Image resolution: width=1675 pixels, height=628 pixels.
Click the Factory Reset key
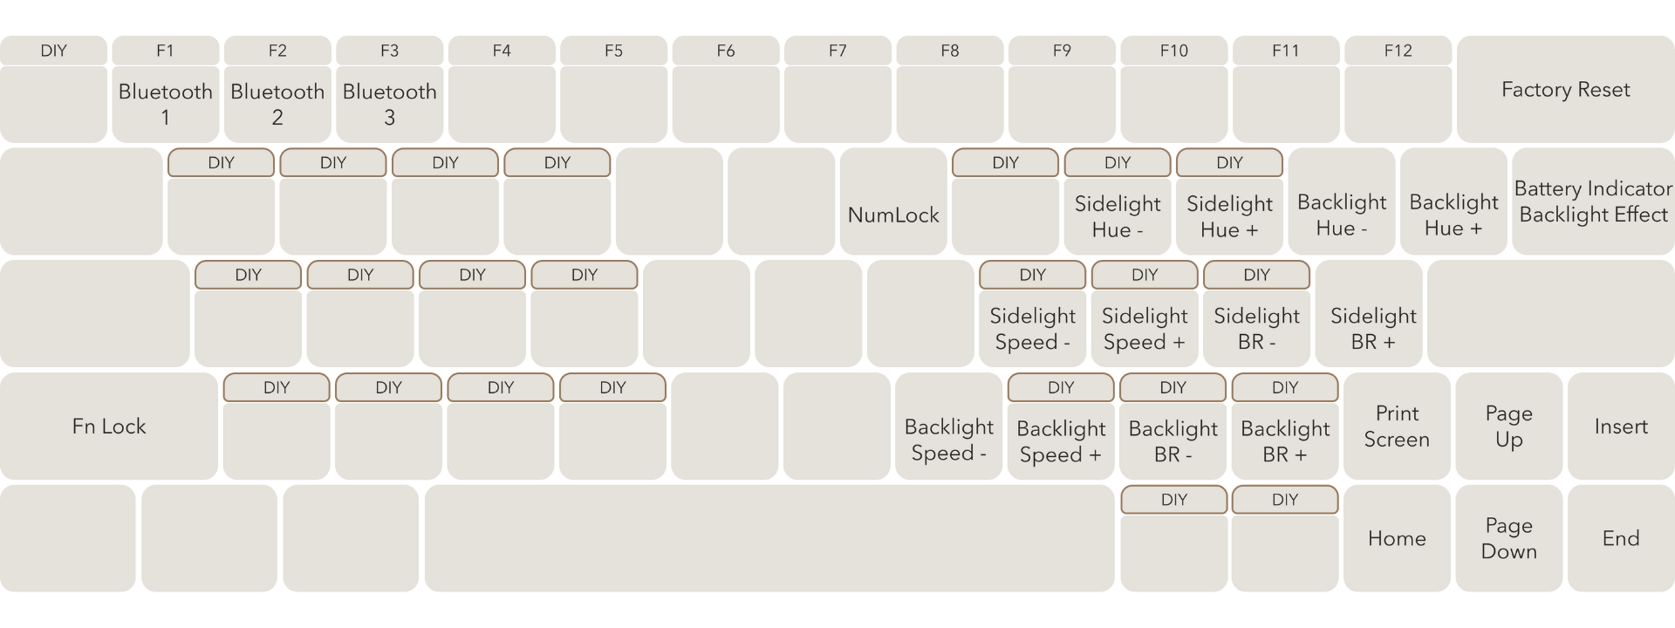coord(1565,90)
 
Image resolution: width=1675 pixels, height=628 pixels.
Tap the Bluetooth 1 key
coord(165,103)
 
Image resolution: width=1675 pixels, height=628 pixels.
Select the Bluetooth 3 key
coord(389,103)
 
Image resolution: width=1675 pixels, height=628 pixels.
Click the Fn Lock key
coord(109,427)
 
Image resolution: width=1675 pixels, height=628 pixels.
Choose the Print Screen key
coord(1397,427)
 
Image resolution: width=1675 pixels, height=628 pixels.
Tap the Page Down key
coord(1508,538)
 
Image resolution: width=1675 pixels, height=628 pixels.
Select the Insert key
coord(1621,427)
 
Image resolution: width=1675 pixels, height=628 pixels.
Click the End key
coord(1621,538)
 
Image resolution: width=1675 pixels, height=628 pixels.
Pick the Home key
coord(1397,538)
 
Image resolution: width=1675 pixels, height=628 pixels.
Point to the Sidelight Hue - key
coord(1118,216)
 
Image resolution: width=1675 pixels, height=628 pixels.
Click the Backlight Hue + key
coord(1453,215)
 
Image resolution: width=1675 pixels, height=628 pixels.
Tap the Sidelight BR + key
coord(1373,328)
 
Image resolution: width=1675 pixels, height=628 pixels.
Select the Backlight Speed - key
coord(948,440)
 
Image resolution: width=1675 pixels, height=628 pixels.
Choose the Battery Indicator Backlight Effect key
coord(1593,201)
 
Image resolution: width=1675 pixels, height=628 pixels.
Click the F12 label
coord(1398,51)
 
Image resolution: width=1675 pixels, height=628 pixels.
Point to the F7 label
coord(837,51)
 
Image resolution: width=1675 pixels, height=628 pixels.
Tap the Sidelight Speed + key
coord(1145,328)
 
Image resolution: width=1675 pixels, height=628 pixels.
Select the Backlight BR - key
coord(1172,440)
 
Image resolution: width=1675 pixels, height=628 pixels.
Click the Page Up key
coord(1508,427)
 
